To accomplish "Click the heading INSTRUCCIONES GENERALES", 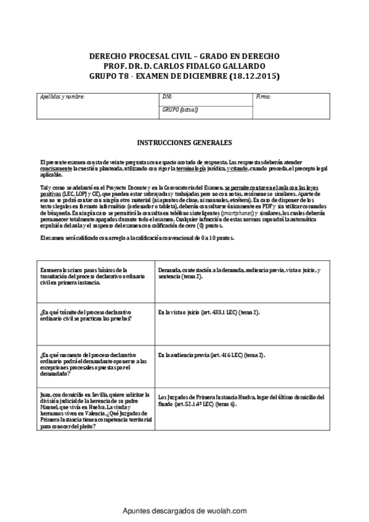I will click(184, 142).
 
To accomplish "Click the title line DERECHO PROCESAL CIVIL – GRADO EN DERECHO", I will click(184, 55).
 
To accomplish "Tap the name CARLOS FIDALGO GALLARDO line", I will click(184, 66).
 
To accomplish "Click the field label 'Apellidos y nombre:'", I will click(62, 97).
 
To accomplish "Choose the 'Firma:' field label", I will click(263, 97).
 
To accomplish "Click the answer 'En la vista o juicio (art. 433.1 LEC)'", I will click(209, 313).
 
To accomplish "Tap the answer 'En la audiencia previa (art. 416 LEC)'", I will click(211, 355).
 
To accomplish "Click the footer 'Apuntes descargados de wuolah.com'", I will click(184, 511).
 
